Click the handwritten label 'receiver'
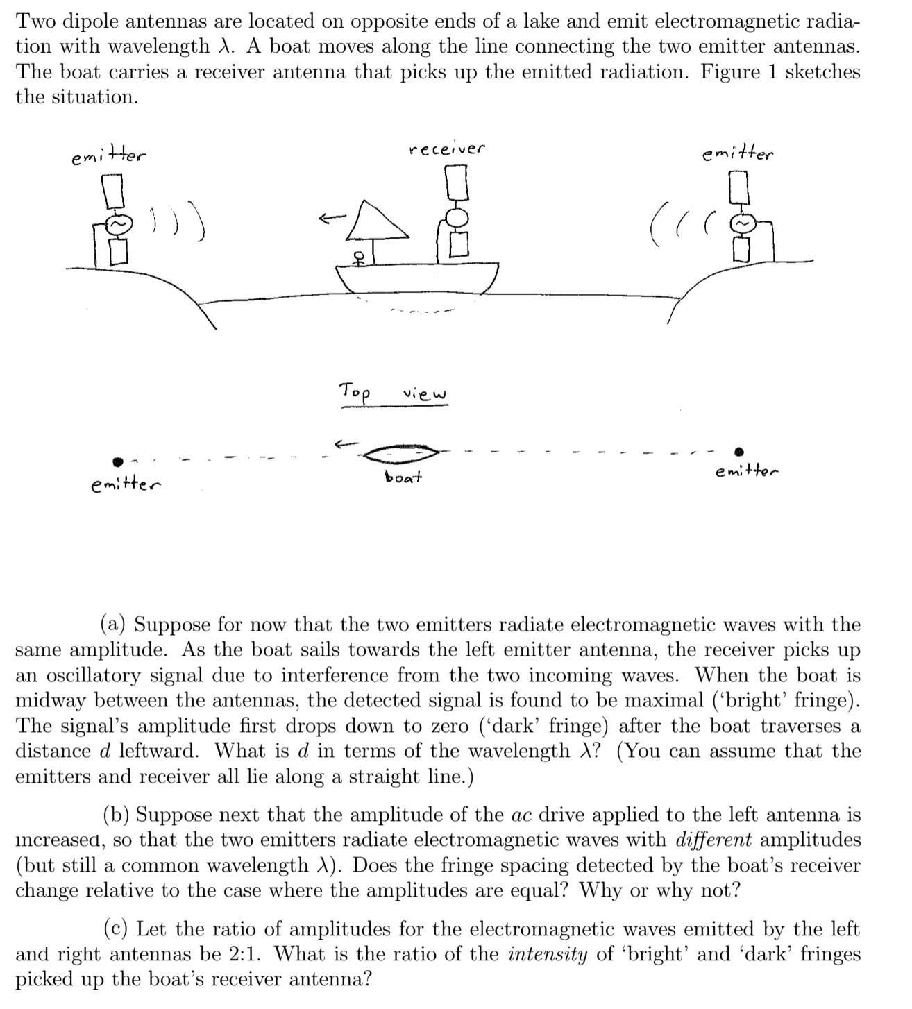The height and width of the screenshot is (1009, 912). click(447, 149)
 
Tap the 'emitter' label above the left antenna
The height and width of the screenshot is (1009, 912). click(109, 158)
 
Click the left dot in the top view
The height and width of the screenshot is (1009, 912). click(118, 461)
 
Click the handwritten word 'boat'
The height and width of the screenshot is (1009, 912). click(403, 478)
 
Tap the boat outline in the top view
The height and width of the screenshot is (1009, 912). click(400, 453)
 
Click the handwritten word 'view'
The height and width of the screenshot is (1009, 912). click(425, 395)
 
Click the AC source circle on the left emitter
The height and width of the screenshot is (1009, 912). click(117, 226)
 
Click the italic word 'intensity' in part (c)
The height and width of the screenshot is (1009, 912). click(548, 954)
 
